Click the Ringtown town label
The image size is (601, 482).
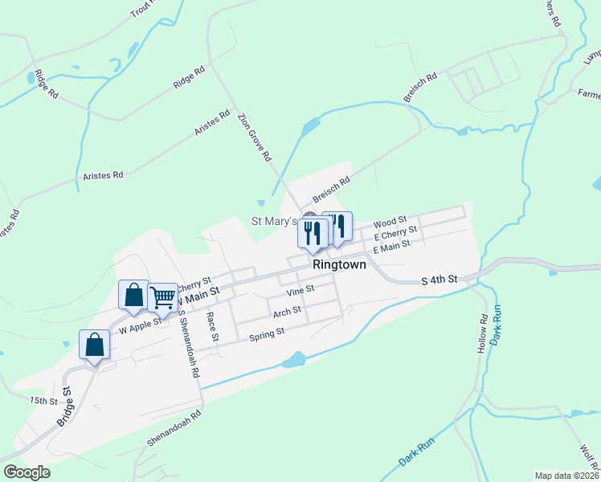(x=339, y=264)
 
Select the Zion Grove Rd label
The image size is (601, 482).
(x=254, y=137)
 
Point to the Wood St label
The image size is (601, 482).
(x=391, y=220)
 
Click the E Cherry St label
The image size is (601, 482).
(x=395, y=234)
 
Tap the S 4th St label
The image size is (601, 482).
(x=440, y=280)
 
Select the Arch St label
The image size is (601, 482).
(x=287, y=311)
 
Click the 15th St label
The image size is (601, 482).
(x=44, y=400)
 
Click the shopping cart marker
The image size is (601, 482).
(x=162, y=297)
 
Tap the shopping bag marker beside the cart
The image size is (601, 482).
(x=133, y=295)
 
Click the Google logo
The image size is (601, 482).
(x=27, y=472)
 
